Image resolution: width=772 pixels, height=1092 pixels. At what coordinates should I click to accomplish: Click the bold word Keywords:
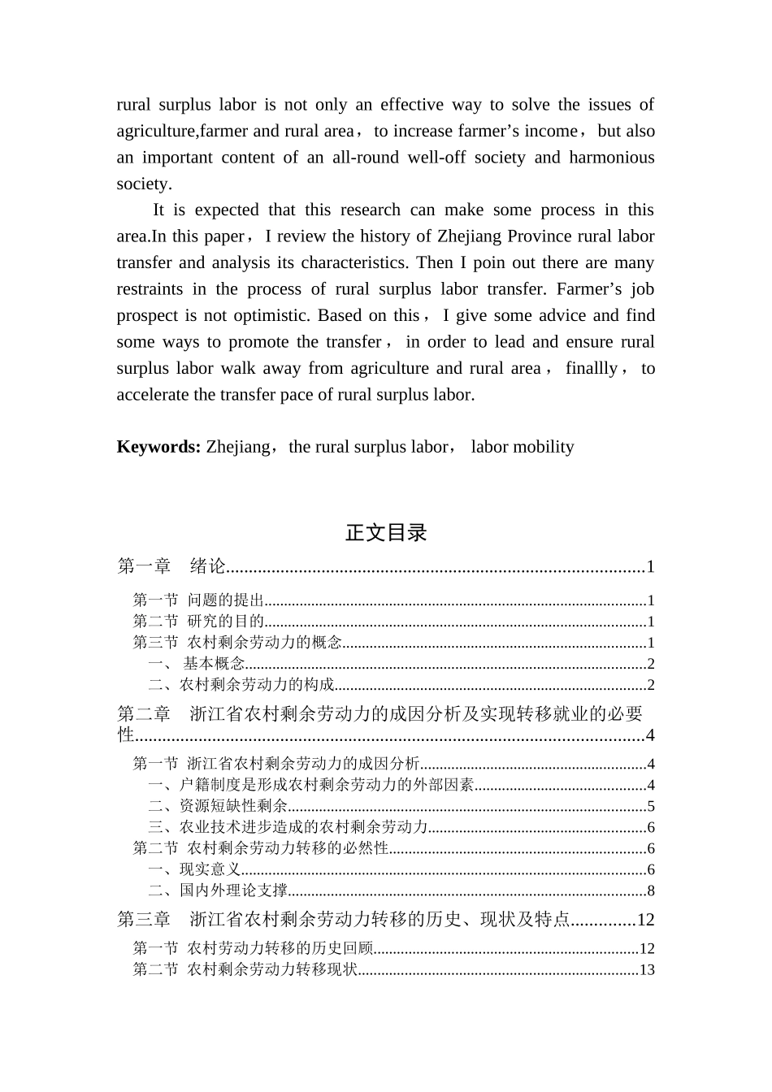(158, 447)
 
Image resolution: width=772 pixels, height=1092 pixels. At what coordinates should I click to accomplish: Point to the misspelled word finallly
(591, 368)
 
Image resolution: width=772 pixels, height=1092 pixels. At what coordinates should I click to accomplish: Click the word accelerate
(155, 395)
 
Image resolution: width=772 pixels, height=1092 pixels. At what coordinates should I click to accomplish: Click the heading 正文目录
(386, 533)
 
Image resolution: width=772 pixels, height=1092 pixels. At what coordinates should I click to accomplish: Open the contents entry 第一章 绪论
(171, 566)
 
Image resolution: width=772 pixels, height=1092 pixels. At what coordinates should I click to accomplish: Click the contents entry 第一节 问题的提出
(199, 600)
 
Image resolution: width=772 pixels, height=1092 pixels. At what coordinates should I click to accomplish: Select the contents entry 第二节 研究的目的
(199, 622)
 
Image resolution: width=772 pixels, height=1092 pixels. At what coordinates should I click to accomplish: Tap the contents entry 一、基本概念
(197, 664)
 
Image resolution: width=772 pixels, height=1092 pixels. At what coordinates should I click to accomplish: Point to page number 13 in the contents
(647, 970)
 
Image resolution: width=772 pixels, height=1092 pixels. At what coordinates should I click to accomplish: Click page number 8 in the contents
(650, 891)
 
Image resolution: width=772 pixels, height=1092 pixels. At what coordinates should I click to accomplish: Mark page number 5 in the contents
(650, 807)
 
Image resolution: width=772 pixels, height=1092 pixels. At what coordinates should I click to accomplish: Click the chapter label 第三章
(144, 920)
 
